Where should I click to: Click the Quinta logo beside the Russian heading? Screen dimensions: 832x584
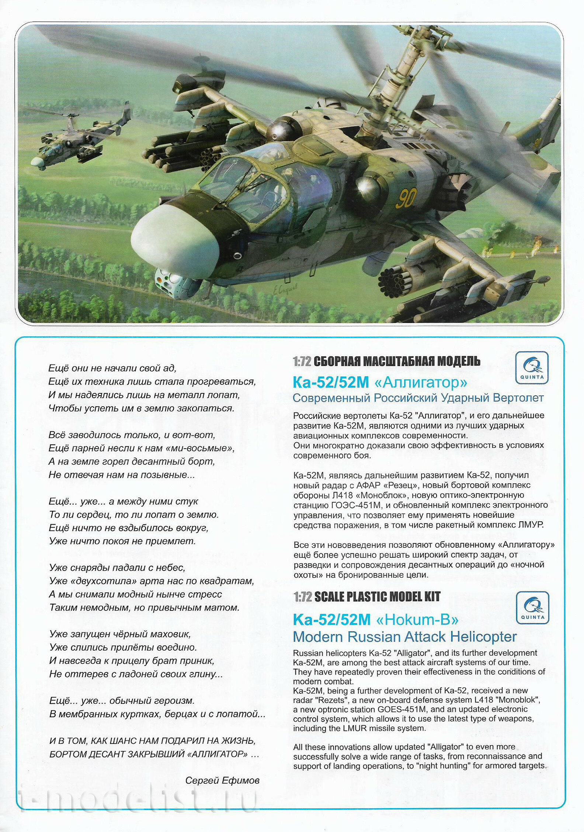[x=532, y=368]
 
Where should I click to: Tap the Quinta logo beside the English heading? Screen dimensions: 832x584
[x=532, y=608]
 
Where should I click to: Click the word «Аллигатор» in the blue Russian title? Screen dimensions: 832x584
[x=421, y=383]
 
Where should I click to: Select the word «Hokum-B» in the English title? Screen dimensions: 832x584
[x=417, y=620]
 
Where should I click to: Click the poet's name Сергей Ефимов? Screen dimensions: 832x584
[x=222, y=780]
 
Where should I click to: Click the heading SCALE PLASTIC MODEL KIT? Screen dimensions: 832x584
[x=377, y=597]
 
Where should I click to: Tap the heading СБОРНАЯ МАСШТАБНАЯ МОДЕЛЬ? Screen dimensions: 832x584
[x=397, y=361]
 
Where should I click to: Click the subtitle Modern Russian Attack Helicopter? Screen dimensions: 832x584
[x=404, y=637]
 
